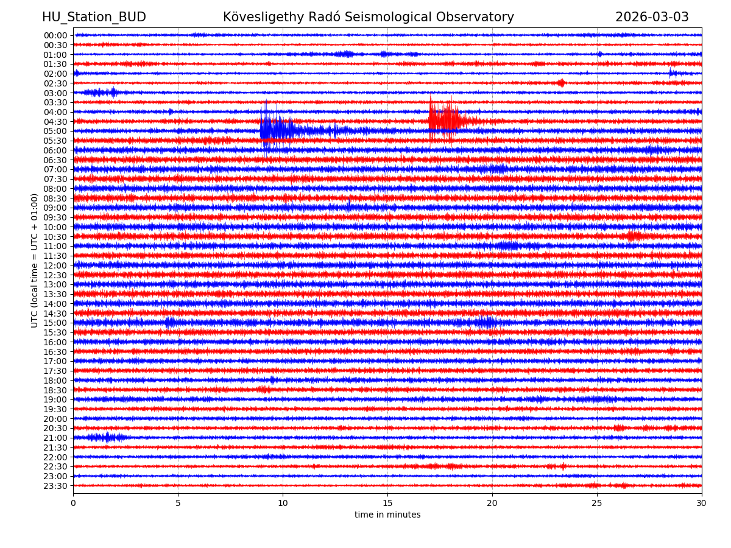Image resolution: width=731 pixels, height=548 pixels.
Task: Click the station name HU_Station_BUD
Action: tap(94, 17)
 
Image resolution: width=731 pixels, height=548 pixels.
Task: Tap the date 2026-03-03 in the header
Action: tap(652, 17)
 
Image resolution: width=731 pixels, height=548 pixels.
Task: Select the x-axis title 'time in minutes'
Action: tap(387, 515)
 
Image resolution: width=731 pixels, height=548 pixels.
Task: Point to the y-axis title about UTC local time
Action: tap(35, 260)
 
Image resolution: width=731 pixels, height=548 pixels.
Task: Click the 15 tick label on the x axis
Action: tap(387, 503)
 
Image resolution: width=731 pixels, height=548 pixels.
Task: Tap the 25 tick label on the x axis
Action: tap(597, 503)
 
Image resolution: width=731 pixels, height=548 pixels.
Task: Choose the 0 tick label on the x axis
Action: tap(73, 503)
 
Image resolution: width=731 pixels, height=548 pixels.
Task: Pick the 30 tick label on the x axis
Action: tap(702, 503)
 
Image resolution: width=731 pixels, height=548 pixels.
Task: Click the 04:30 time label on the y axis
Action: tap(55, 121)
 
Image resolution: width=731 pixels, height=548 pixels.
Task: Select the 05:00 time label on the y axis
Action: tap(55, 131)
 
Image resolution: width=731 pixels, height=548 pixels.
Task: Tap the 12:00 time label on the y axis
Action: tap(55, 265)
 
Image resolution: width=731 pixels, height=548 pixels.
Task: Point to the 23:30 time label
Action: tap(55, 486)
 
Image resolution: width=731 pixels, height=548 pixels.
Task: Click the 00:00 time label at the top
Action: tap(55, 35)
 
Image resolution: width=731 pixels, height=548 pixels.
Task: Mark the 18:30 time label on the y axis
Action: tap(55, 390)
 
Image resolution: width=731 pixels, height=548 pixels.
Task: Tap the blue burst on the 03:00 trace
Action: tap(101, 93)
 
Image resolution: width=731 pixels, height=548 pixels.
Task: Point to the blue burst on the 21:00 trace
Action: tap(107, 437)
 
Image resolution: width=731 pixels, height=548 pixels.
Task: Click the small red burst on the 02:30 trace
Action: tap(561, 83)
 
